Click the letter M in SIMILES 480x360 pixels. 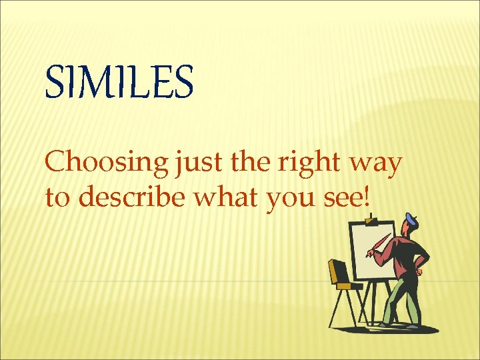point(99,83)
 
